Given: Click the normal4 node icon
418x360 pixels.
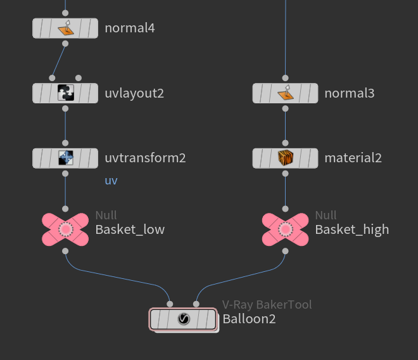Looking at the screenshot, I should pos(66,28).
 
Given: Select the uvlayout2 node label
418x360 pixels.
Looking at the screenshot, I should pos(134,93).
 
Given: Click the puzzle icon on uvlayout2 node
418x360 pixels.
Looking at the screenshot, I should pos(66,93).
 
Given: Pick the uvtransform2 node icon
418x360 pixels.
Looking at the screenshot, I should pos(66,158).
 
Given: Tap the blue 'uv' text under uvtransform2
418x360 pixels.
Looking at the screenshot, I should pos(111,181).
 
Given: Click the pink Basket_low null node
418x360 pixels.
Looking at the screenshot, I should pos(66,229).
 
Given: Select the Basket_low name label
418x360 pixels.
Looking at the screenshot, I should pos(130,229).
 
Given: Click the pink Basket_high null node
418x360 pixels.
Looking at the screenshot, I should pos(285,229).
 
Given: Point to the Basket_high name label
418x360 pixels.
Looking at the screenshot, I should pos(352,229).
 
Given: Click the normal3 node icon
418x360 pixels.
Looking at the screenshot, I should pos(285,93).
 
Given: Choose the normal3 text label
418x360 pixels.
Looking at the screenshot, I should pos(350,93).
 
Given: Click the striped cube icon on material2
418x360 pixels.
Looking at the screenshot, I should pos(285,158).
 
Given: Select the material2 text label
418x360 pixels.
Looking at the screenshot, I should pos(353,158).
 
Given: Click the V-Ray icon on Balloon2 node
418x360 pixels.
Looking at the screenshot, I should pos(184,319).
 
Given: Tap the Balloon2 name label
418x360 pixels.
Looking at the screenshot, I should pos(249,319).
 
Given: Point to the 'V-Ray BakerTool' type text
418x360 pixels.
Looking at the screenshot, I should pos(267,305).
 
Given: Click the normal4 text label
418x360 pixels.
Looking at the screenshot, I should pos(130,28).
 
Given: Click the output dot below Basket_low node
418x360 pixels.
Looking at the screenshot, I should pos(66,251).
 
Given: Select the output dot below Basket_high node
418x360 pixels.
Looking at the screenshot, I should pos(285,251).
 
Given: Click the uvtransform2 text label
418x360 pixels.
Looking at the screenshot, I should pos(145,158).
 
